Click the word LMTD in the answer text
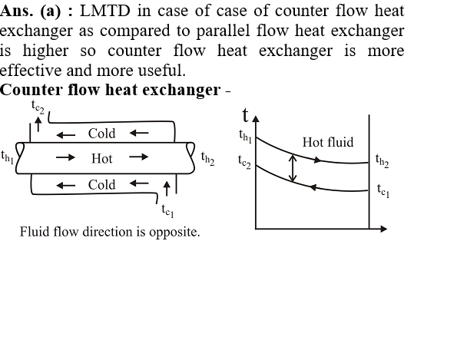tap(104, 11)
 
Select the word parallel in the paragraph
tap(223, 31)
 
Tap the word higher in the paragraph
tap(46, 51)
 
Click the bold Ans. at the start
tap(16, 11)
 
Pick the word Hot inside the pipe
tap(101, 159)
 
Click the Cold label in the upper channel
tap(101, 134)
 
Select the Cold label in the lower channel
tap(101, 185)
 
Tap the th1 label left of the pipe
tap(8, 157)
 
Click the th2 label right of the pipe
tap(208, 159)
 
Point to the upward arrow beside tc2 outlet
tap(38, 124)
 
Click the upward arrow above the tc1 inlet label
tap(167, 188)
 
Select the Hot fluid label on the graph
tap(328, 143)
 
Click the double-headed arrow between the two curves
tap(293, 168)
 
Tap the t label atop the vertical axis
tap(246, 115)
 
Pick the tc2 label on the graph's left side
tap(244, 162)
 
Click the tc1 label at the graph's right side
tap(383, 191)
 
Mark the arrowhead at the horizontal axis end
tap(384, 229)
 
